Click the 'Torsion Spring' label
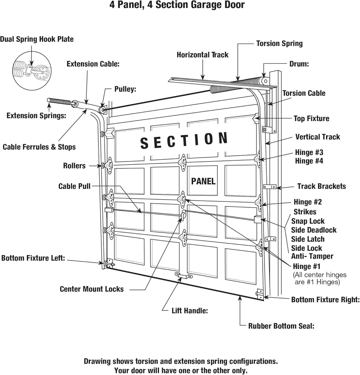click(x=279, y=44)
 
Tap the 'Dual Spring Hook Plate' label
click(x=37, y=39)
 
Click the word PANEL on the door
click(x=203, y=181)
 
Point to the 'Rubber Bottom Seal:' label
click(x=281, y=326)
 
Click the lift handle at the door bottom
click(x=184, y=275)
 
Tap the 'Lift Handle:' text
click(x=190, y=311)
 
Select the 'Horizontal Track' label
click(x=202, y=55)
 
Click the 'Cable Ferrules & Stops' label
click(x=39, y=147)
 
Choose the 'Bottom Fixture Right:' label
click(x=325, y=300)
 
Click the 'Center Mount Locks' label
click(x=91, y=289)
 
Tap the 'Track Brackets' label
click(x=321, y=186)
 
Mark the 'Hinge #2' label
click(x=308, y=202)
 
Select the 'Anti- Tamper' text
click(x=312, y=256)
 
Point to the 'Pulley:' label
click(x=125, y=89)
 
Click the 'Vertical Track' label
click(x=318, y=137)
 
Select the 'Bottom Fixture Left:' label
click(x=33, y=258)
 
